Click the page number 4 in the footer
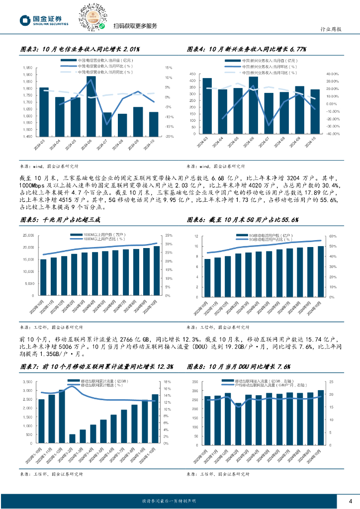pos(351,501)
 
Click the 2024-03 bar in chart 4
pos(207,106)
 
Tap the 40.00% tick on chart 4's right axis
pos(332,74)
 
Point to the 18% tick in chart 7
pos(168,382)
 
